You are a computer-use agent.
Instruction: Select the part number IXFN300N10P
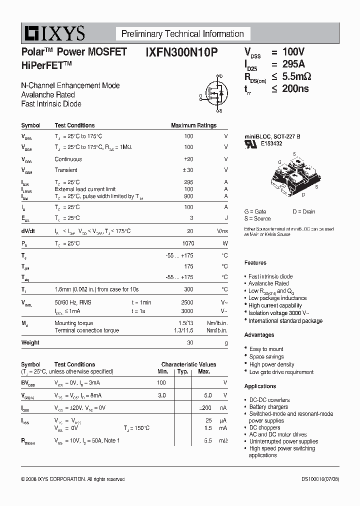click(x=181, y=52)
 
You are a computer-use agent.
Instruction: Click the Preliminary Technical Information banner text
click(x=182, y=34)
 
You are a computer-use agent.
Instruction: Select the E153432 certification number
click(x=271, y=143)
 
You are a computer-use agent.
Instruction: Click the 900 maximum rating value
click(x=188, y=196)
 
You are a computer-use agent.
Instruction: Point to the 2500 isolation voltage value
click(x=186, y=302)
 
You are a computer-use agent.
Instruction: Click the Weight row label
click(x=30, y=343)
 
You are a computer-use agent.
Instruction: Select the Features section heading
click(x=255, y=263)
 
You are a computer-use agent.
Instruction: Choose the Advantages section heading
click(x=259, y=335)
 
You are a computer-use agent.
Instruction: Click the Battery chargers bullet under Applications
click(x=268, y=407)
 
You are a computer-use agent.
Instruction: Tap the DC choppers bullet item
click(x=264, y=428)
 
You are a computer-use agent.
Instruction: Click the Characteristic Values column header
click(x=188, y=364)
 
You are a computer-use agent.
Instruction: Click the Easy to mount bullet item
click(x=266, y=349)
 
